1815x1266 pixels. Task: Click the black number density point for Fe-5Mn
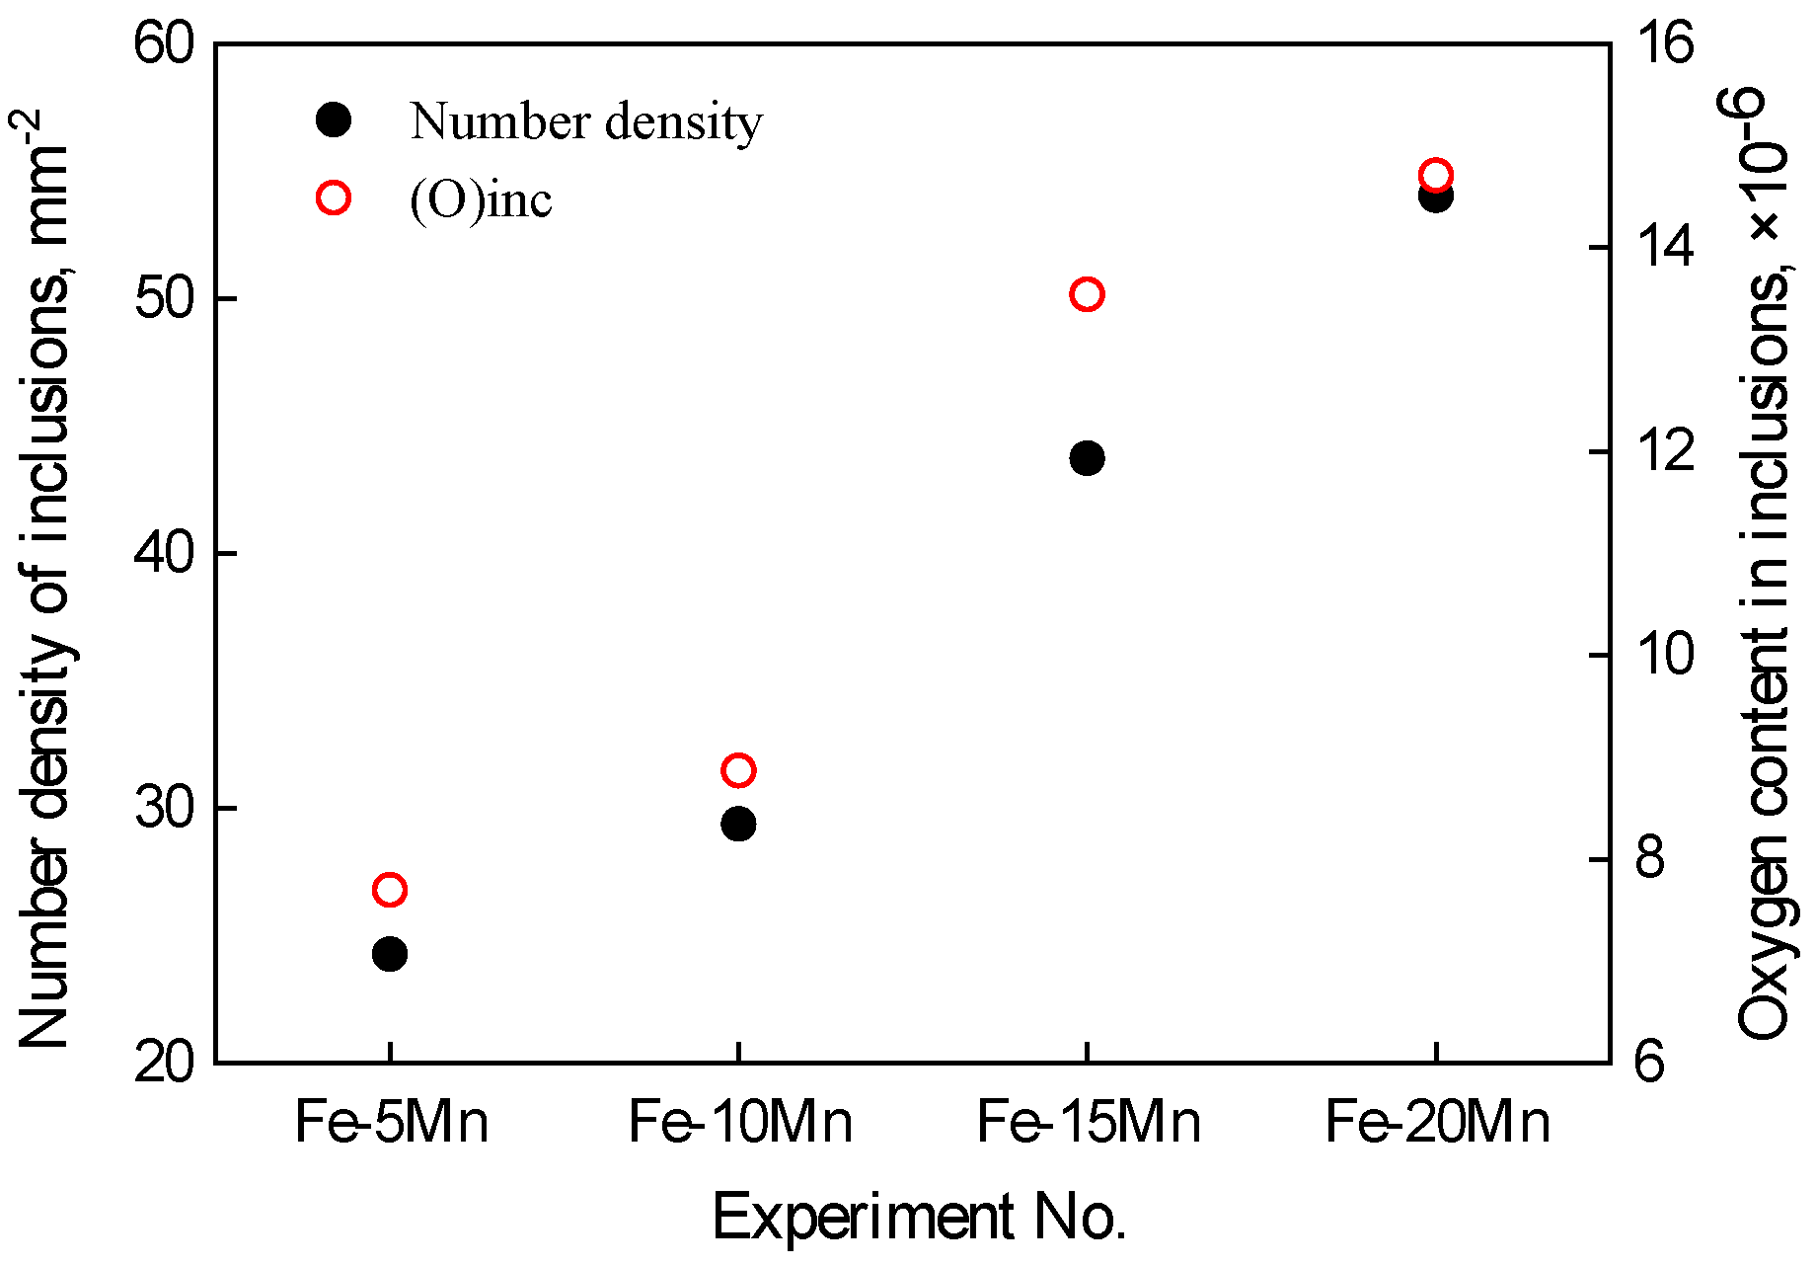[390, 954]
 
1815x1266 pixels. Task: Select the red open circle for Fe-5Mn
[390, 890]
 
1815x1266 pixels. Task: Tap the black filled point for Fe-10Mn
[738, 824]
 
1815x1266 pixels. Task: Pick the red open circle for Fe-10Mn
[738, 770]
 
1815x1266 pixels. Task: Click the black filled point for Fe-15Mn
[1087, 458]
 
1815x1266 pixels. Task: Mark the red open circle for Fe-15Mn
[1087, 294]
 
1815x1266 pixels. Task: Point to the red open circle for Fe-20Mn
[1435, 175]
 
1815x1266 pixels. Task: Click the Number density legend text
[586, 121]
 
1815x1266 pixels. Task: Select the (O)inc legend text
[481, 199]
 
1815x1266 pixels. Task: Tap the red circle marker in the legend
[334, 198]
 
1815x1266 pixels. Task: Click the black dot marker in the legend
[334, 120]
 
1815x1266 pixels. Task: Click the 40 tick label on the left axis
[163, 554]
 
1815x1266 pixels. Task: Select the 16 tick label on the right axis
[1664, 45]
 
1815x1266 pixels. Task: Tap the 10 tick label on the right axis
[1664, 655]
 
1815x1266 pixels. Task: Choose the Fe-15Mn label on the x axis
[1088, 1123]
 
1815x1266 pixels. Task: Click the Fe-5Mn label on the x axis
[391, 1123]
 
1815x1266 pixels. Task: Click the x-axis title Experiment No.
[919, 1217]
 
